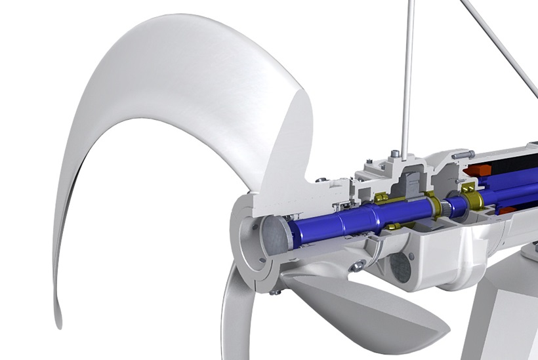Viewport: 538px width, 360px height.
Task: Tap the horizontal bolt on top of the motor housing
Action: (x=461, y=153)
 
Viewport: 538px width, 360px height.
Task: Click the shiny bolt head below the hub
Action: (x=358, y=266)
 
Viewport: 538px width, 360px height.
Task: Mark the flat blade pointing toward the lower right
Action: (x=367, y=308)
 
